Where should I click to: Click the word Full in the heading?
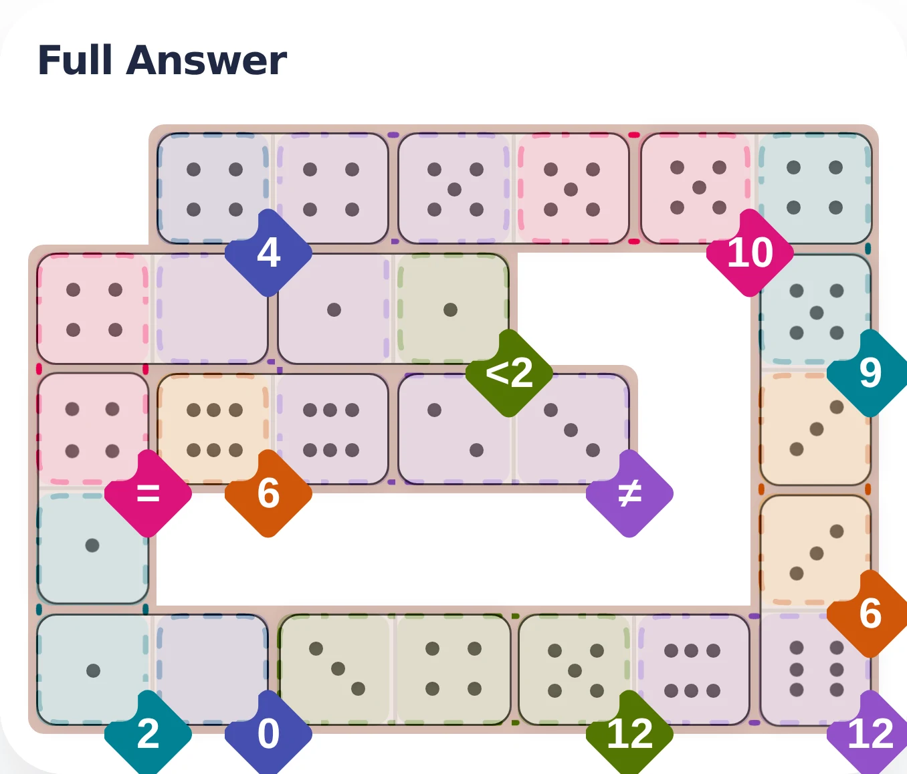pos(74,60)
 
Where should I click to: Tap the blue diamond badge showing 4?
pos(268,253)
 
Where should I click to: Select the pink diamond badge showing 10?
pos(750,253)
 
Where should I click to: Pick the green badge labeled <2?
pos(509,372)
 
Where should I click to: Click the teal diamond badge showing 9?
pos(870,372)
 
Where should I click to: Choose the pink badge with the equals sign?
pos(148,493)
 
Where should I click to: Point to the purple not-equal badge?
pos(629,493)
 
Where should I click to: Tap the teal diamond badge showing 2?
pos(148,733)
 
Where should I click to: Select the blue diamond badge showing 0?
pos(268,733)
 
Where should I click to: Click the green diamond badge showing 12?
pos(629,733)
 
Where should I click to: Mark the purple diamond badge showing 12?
pos(870,733)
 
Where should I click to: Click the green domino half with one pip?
pos(451,309)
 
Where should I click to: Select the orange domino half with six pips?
pos(214,430)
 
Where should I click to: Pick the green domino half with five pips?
pos(575,670)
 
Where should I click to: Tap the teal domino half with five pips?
pos(816,311)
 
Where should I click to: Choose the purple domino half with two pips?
pos(455,430)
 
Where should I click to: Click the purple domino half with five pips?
pos(455,189)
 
